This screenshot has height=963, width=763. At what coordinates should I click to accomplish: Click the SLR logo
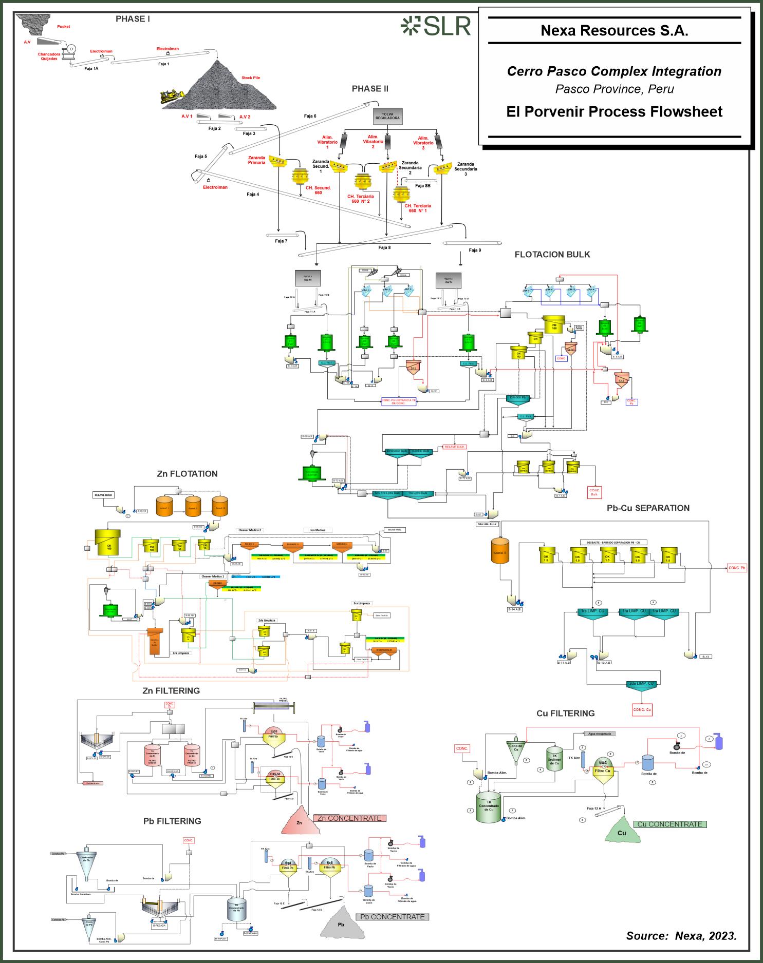pyautogui.click(x=436, y=26)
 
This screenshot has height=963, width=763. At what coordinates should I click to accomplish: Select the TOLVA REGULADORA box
pyautogui.click(x=387, y=115)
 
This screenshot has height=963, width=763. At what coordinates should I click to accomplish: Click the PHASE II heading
pyautogui.click(x=370, y=89)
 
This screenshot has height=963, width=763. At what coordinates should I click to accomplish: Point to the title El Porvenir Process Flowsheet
pyautogui.click(x=614, y=112)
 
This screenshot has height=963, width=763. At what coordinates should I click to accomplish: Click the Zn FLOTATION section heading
pyautogui.click(x=187, y=474)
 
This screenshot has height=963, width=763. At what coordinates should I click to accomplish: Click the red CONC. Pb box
pyautogui.click(x=737, y=568)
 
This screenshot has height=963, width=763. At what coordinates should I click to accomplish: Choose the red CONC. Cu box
pyautogui.click(x=642, y=710)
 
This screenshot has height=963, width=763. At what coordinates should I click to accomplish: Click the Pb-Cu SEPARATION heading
pyautogui.click(x=648, y=508)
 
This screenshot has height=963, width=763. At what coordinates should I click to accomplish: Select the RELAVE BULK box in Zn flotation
pyautogui.click(x=103, y=495)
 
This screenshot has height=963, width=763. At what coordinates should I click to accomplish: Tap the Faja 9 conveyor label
pyautogui.click(x=475, y=251)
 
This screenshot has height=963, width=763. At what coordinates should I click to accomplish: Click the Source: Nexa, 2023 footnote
pyautogui.click(x=681, y=936)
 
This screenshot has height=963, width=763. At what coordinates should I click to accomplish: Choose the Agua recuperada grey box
pyautogui.click(x=600, y=734)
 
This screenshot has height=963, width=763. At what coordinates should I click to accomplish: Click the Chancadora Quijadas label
pyautogui.click(x=49, y=56)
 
